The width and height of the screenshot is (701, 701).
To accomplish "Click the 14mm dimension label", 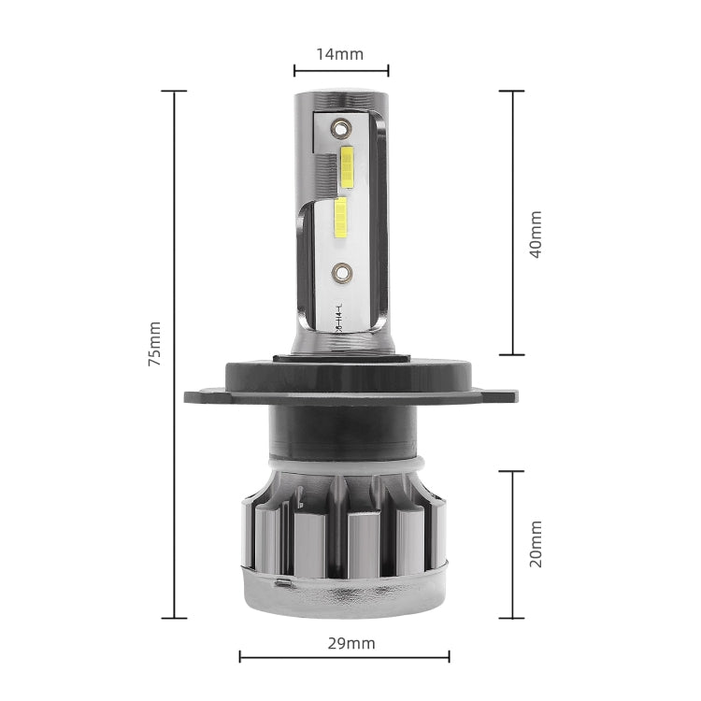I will click(339, 53).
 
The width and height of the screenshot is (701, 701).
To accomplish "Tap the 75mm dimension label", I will click(154, 344).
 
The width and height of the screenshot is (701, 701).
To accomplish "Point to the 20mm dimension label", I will click(535, 545).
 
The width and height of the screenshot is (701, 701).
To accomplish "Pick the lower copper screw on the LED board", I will click(340, 272).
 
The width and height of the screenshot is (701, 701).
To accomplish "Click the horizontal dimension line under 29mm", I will click(344, 657).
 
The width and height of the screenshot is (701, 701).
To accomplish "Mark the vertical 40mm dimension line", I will click(511, 222).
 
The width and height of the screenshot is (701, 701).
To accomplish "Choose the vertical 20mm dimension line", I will click(511, 544).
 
